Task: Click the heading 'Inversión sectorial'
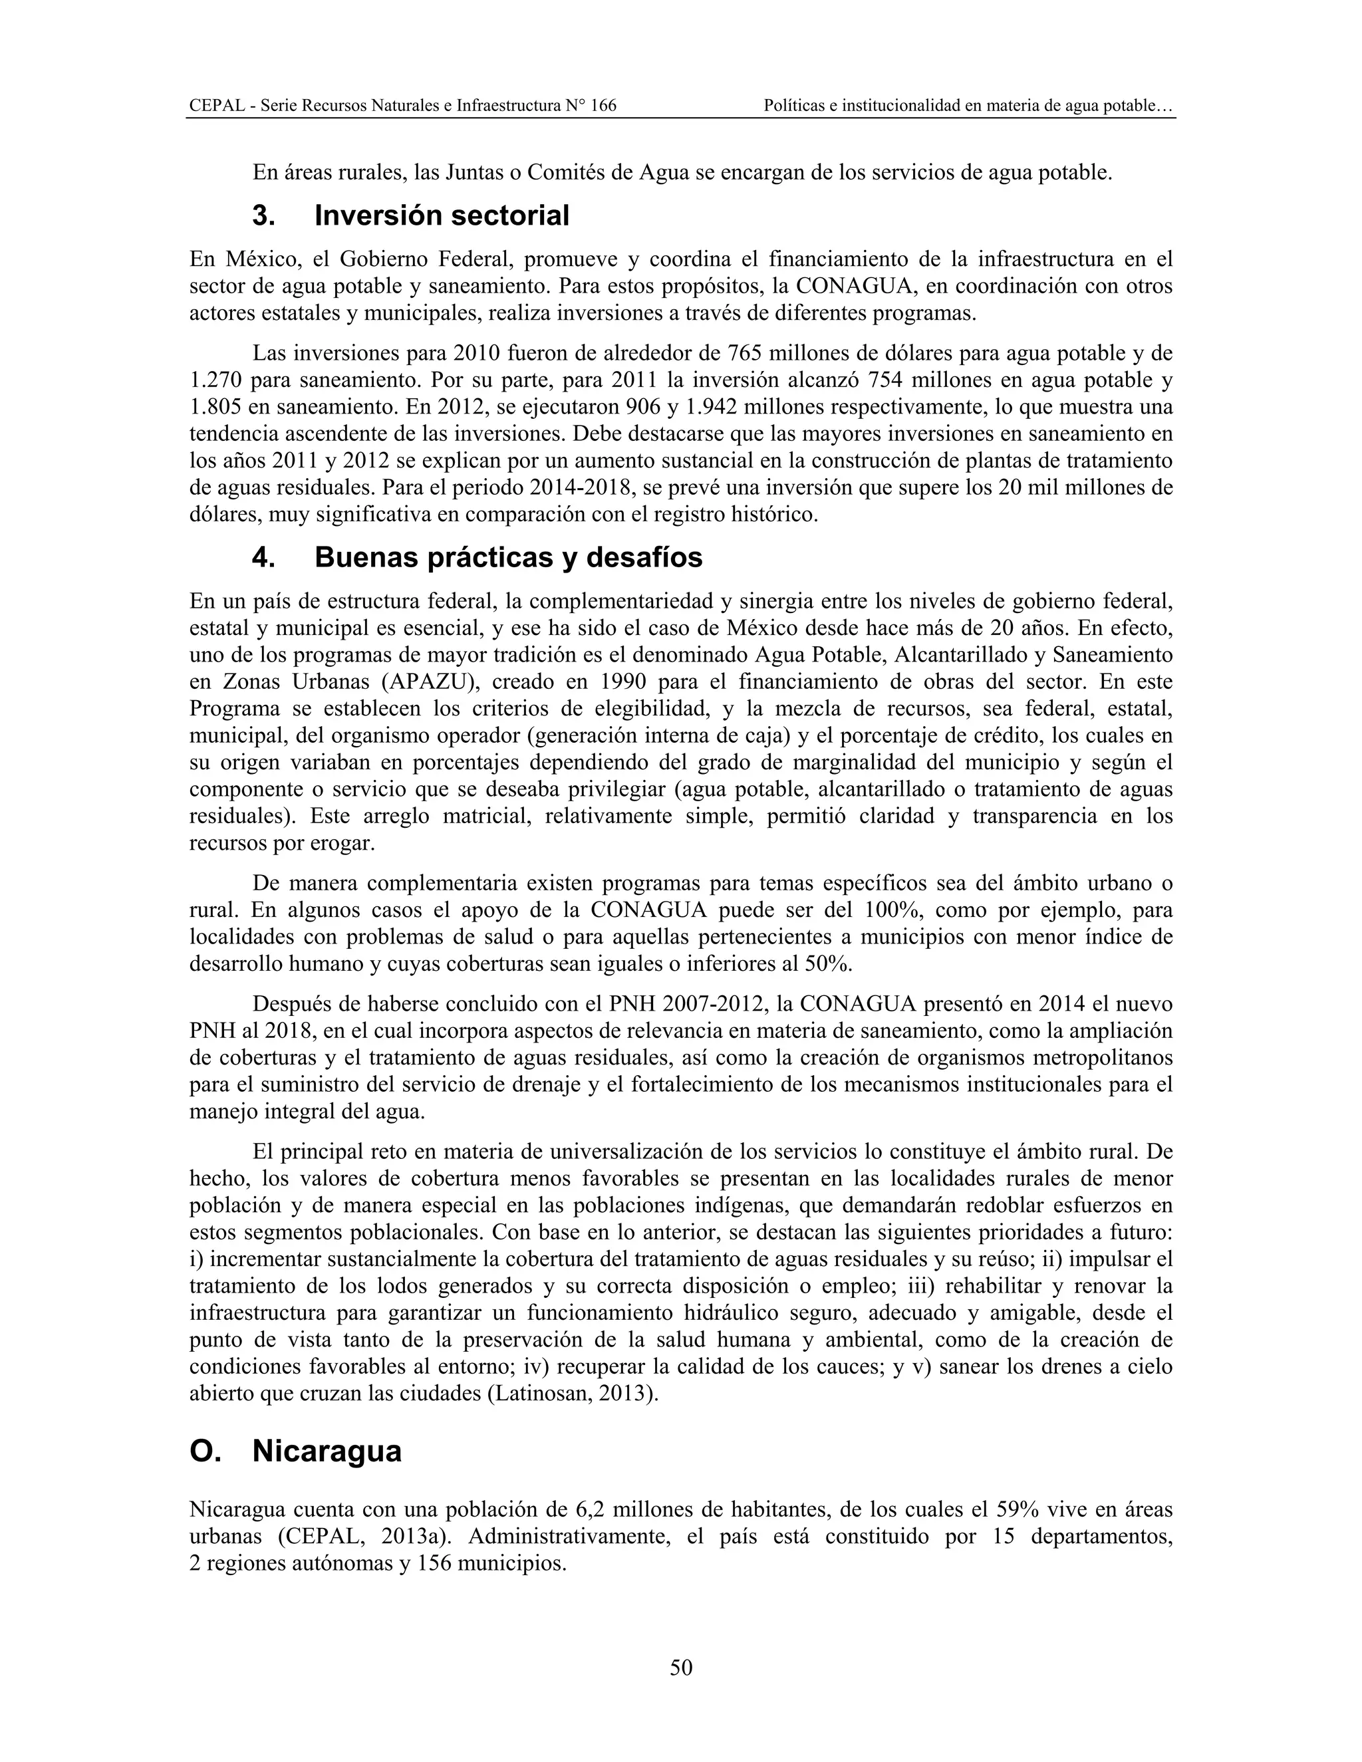(x=442, y=216)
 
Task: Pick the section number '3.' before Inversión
(x=263, y=216)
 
